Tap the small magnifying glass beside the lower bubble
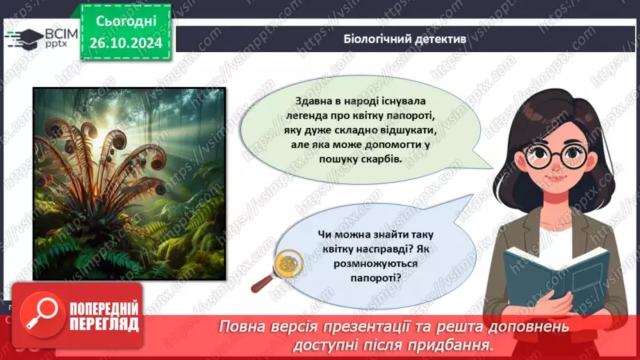pyautogui.click(x=276, y=268)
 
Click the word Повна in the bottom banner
pyautogui.click(x=244, y=327)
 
